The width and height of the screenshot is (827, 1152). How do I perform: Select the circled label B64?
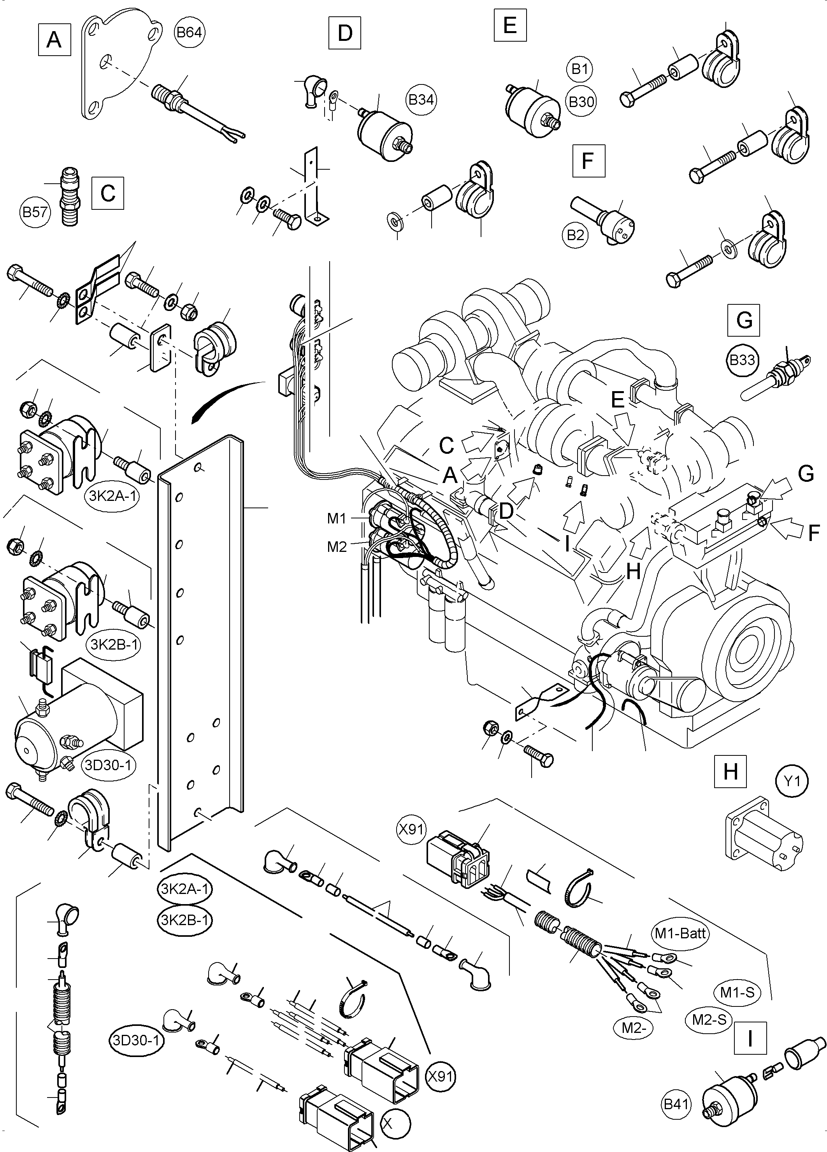[189, 33]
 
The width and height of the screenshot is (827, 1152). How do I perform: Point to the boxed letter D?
[344, 33]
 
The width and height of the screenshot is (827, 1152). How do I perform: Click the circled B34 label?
[421, 100]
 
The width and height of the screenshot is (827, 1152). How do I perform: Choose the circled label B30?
[581, 102]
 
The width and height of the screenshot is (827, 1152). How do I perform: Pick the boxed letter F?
[588, 161]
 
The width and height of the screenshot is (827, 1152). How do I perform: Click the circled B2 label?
[576, 235]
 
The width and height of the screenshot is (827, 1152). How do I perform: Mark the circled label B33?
[742, 360]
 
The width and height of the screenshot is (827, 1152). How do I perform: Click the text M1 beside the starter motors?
[336, 519]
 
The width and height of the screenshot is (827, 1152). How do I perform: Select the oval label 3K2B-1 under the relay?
[115, 644]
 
